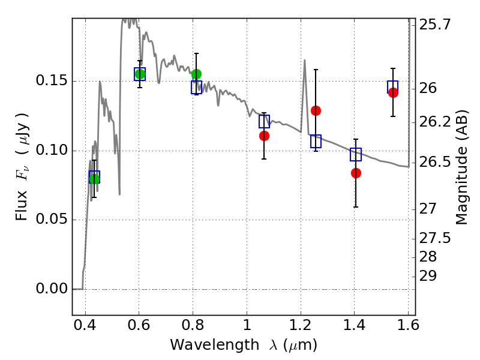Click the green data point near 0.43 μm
click(x=94, y=178)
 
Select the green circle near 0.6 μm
click(x=140, y=74)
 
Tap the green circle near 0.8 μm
click(x=196, y=74)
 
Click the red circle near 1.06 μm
click(x=264, y=136)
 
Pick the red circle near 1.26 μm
click(x=316, y=110)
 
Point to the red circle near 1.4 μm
click(x=356, y=173)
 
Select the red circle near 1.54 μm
click(x=393, y=92)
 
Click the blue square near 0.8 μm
click(x=196, y=88)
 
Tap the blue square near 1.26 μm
click(x=316, y=141)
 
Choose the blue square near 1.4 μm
click(x=356, y=154)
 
